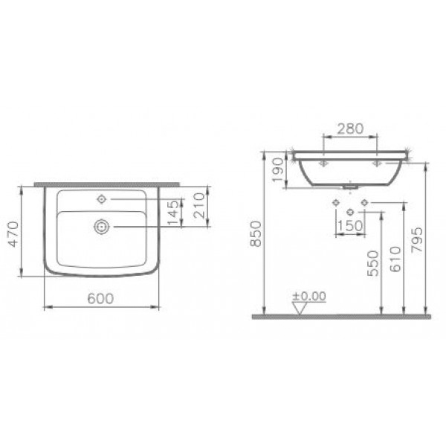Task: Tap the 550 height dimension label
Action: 373,262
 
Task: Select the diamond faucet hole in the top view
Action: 101,198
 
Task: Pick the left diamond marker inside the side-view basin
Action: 323,161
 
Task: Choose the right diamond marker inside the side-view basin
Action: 377,161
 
